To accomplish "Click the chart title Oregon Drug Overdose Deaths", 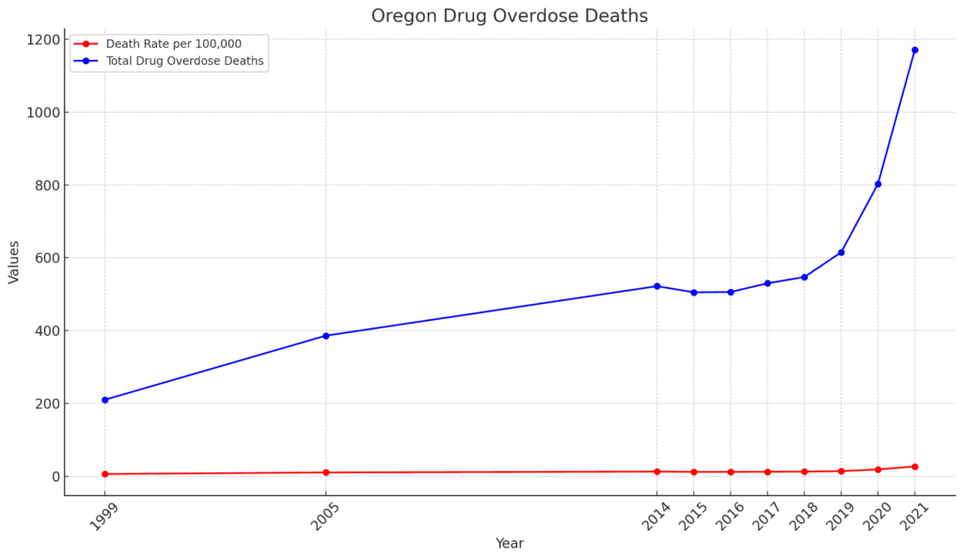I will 509,16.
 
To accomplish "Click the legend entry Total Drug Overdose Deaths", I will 184,62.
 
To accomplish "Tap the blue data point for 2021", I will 914,50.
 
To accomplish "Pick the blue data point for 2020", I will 877,184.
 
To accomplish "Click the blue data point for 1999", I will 104,400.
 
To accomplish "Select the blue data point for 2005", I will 325,336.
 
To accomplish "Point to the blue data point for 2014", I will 656,286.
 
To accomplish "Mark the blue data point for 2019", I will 841,252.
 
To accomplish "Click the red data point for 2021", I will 914,467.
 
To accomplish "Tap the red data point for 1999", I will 104,474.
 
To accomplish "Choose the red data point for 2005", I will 325,472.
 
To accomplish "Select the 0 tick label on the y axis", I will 54,477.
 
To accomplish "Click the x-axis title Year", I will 509,544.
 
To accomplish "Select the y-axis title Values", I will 14,262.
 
